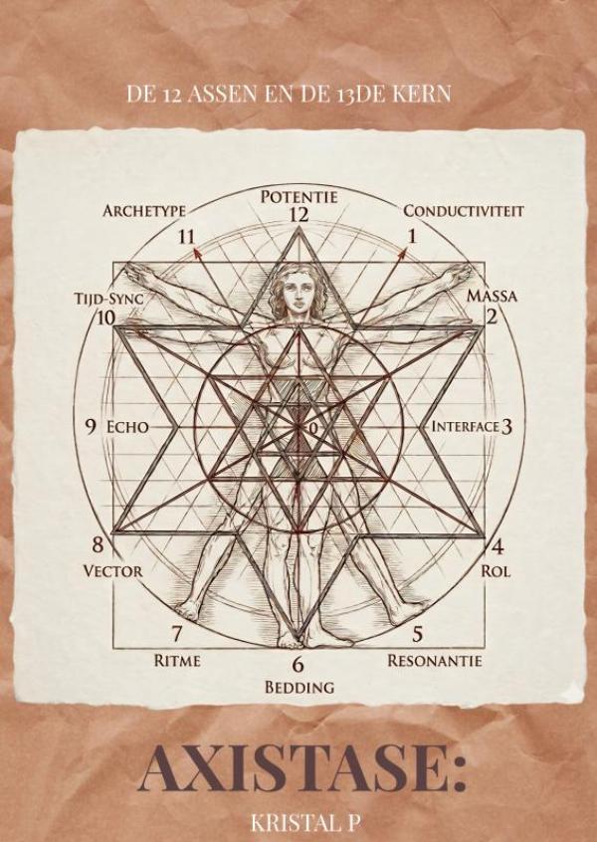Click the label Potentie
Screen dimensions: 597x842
299,197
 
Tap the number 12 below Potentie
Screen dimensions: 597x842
299,215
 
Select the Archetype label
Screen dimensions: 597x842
144,211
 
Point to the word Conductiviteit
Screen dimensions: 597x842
464,211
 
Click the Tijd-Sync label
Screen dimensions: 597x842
108,300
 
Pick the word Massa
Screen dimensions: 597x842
492,296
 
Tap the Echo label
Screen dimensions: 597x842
127,427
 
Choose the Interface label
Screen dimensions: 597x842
466,426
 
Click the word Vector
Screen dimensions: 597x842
112,571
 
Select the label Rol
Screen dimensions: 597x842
495,571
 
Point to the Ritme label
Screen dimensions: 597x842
177,660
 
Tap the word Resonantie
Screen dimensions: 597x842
435,660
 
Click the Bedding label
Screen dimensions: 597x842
299,687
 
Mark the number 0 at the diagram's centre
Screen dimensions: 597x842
314,429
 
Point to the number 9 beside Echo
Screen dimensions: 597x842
91,427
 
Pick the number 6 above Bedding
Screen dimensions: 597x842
298,665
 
